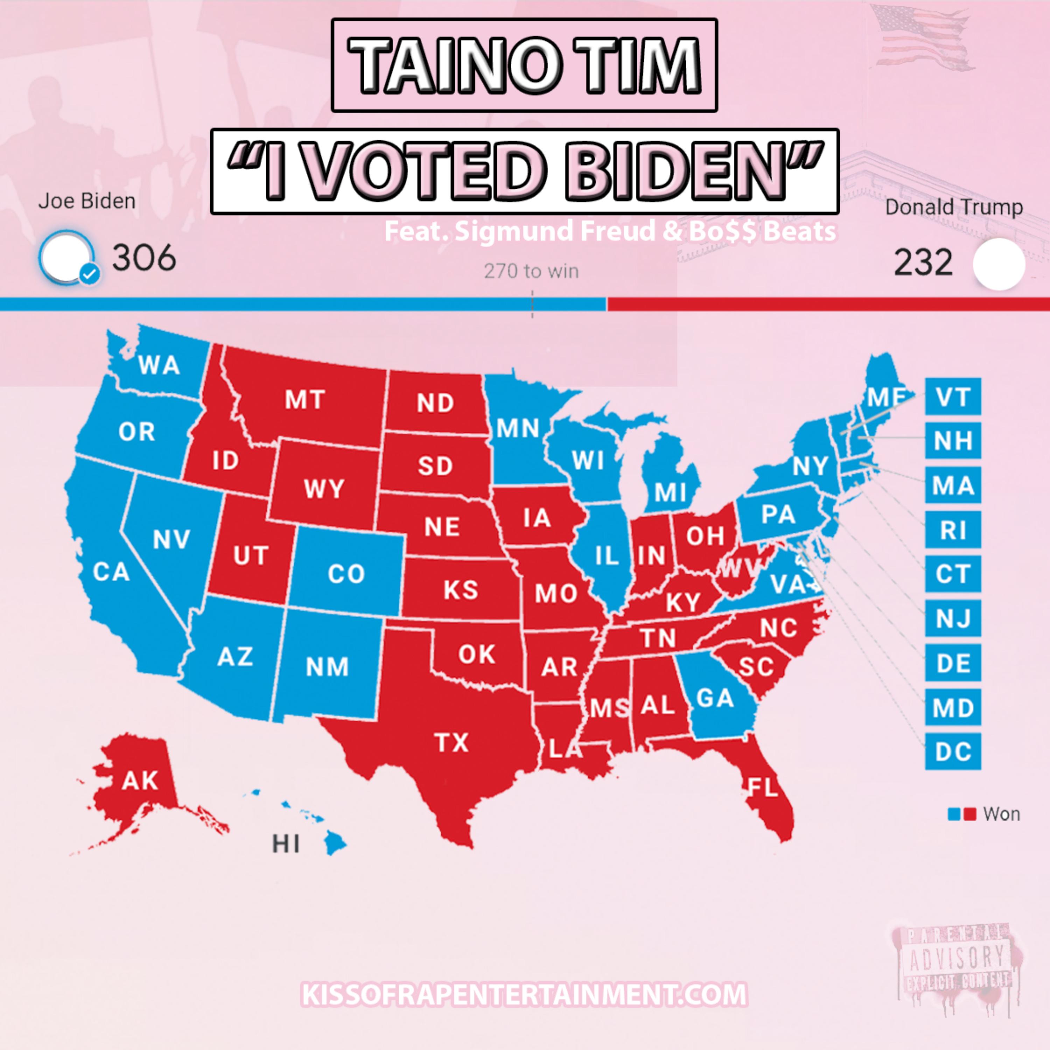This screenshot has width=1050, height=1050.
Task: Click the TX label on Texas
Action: coord(451,742)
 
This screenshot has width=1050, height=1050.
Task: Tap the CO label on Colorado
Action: coord(346,573)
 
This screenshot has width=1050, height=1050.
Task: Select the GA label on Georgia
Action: coord(715,698)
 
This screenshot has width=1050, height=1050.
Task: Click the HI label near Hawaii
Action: coord(286,844)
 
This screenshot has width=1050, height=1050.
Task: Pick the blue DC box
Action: coord(953,752)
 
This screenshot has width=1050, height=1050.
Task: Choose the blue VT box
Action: coord(953,397)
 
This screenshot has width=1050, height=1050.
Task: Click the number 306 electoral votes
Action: coord(144,258)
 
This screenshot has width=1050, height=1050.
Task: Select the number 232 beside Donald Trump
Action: coord(923,263)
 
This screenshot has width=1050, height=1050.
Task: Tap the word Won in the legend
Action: coord(1002,814)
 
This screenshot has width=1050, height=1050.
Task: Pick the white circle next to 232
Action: coord(999,264)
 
